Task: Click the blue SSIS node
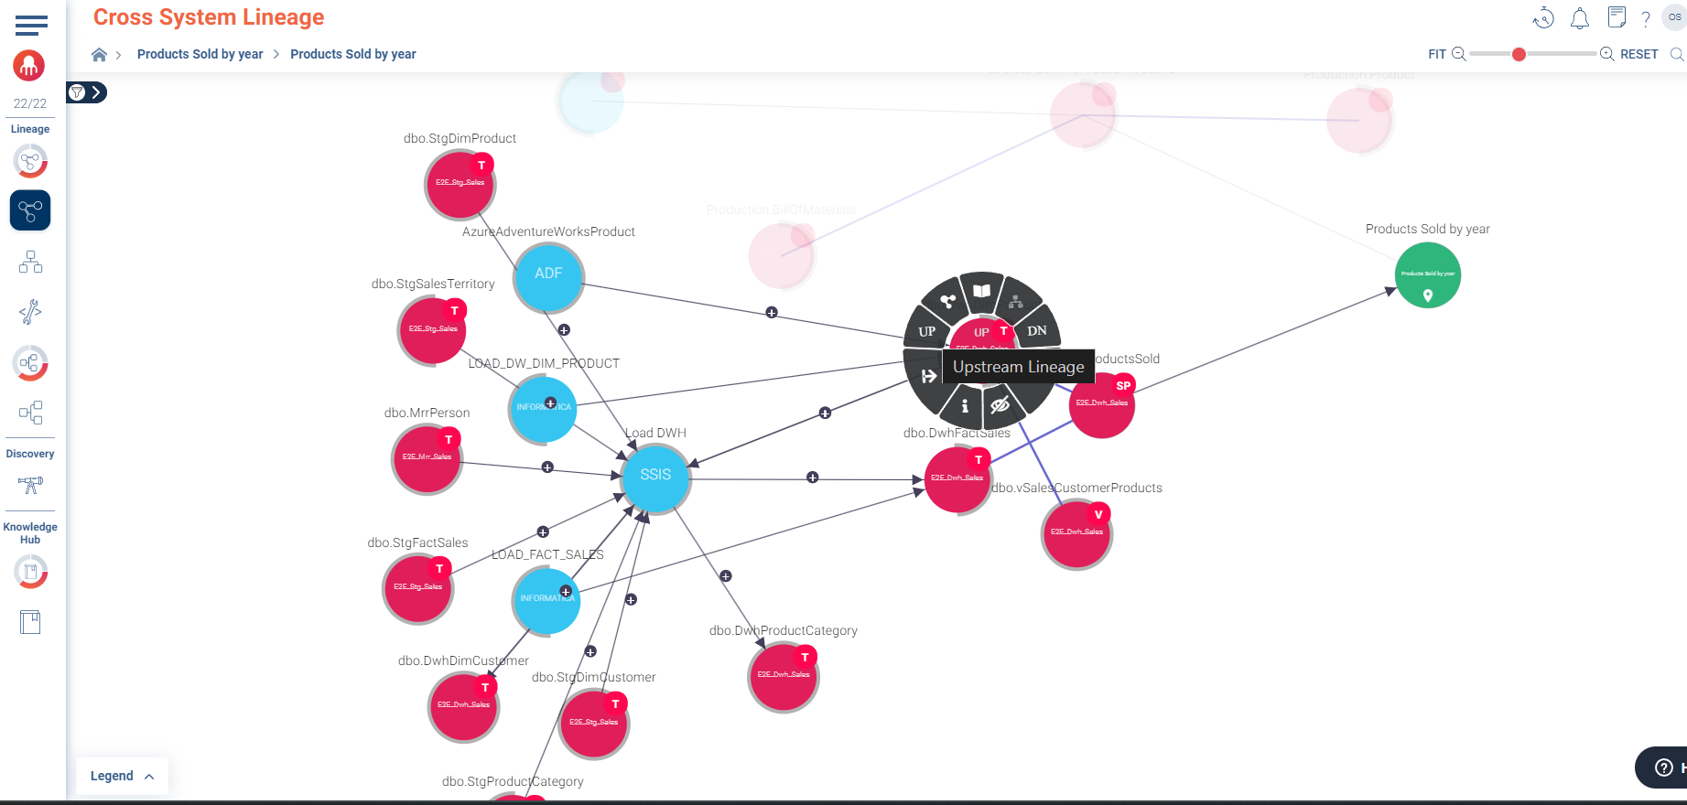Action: [655, 477]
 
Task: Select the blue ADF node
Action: [548, 275]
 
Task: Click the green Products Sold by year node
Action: [1427, 275]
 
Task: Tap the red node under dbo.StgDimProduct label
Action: [460, 185]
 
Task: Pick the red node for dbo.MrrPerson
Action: [427, 459]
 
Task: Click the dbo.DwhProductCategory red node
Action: [783, 677]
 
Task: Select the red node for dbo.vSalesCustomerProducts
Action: [1076, 534]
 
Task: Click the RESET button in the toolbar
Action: [1638, 54]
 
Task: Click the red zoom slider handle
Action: [1519, 54]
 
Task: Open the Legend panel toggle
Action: [122, 776]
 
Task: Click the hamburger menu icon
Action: [31, 25]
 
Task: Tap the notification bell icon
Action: [1579, 18]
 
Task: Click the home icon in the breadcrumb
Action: [99, 55]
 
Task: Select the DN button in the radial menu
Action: [1036, 331]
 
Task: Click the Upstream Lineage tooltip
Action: [1018, 367]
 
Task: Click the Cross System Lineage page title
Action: [209, 17]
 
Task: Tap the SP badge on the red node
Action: [1123, 385]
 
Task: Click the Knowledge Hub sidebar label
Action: [30, 532]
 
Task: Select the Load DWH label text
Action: [655, 433]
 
